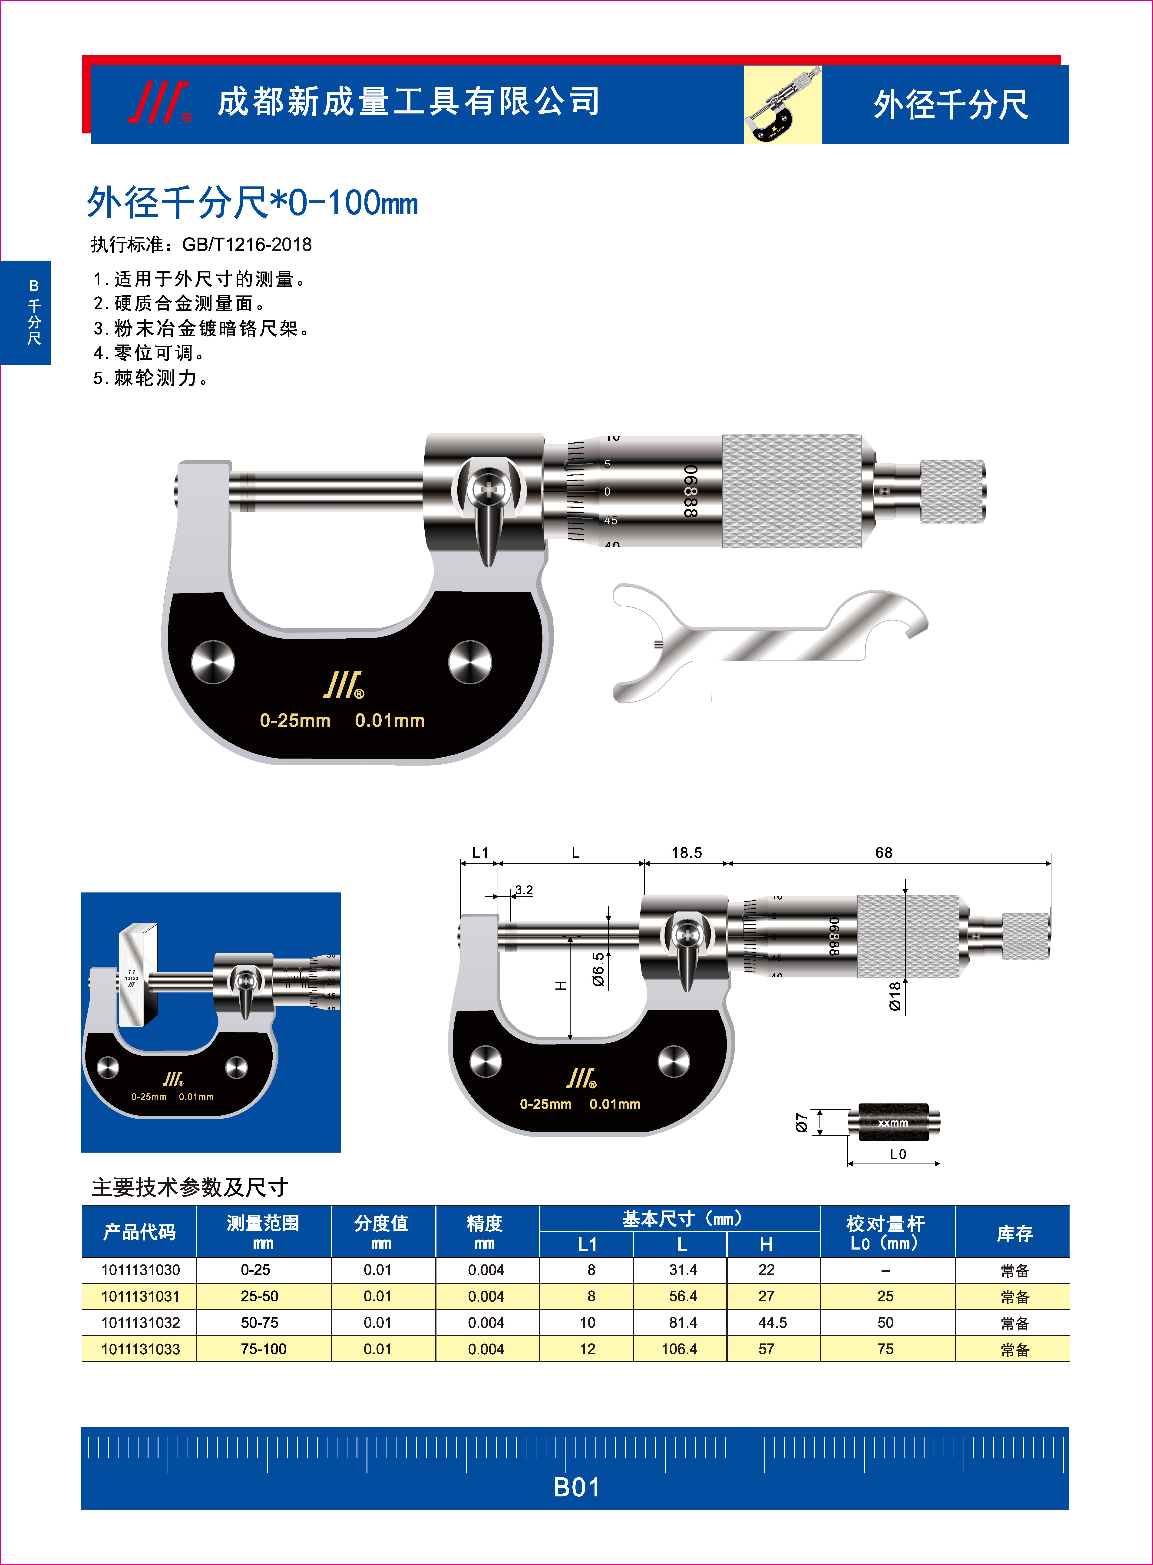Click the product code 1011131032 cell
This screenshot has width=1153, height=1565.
[140, 1323]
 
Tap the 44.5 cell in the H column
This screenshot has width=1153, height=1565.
[772, 1323]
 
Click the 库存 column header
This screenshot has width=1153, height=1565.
[1014, 1233]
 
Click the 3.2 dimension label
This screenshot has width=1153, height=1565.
[523, 890]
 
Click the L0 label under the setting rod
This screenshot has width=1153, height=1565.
[898, 1154]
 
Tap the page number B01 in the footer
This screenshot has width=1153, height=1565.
[576, 1488]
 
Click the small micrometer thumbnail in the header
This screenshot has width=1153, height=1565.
[782, 105]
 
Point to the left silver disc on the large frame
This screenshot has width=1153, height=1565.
[213, 662]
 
